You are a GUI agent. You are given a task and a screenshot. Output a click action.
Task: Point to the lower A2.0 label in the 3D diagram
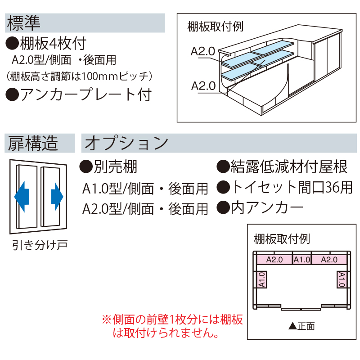click(203, 85)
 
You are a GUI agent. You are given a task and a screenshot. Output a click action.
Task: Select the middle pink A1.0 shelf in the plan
click(301, 259)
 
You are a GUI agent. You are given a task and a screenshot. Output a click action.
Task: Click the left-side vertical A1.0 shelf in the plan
click(261, 279)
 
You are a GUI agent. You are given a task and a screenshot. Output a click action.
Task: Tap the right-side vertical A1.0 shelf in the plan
click(342, 279)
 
